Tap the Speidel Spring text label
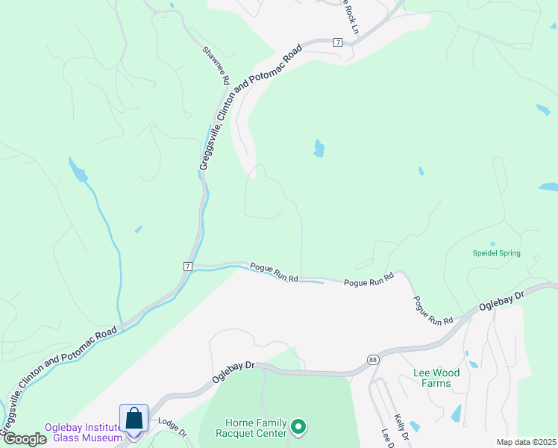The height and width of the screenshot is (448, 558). (x=496, y=254)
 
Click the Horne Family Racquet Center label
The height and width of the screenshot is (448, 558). (x=251, y=427)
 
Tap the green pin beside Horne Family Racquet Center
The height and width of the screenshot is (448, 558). (x=298, y=426)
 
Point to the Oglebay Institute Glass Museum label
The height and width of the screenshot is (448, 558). (x=83, y=432)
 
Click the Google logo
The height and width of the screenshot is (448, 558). (x=25, y=439)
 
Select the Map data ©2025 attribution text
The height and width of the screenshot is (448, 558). (x=526, y=442)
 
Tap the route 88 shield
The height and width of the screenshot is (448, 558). (x=372, y=360)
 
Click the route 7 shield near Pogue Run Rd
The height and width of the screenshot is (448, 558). (x=187, y=266)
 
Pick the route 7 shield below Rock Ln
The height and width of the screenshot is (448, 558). (x=338, y=43)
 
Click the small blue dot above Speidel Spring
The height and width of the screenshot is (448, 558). (x=492, y=243)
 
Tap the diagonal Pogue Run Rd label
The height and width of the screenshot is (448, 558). (x=433, y=309)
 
